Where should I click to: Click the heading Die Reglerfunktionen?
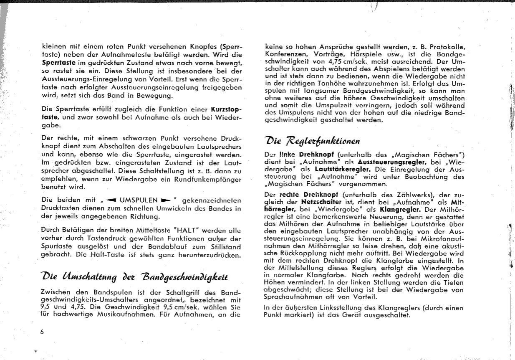313,140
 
